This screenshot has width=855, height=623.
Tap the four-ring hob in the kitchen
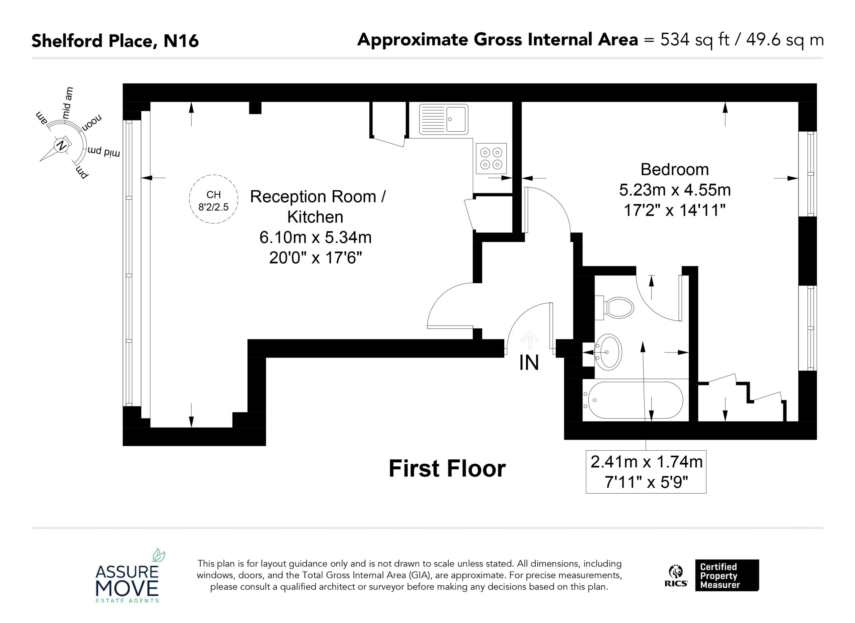coord(491,158)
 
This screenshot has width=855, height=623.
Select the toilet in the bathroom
coord(614,308)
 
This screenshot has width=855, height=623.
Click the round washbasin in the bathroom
coord(608,352)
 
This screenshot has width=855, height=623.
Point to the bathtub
coord(633,400)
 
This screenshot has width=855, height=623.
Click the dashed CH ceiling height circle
coord(214,199)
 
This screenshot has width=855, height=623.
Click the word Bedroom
coord(675,169)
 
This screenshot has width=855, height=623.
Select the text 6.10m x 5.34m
coord(316,238)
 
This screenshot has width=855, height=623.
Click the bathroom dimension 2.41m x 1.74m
coord(647,462)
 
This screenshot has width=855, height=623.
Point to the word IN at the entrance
coord(529,363)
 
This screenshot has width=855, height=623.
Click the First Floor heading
coord(447,469)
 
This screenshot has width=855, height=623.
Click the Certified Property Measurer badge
coord(727,576)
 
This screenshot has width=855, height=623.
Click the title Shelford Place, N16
coord(115,41)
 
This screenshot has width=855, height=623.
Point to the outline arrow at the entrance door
coord(530,340)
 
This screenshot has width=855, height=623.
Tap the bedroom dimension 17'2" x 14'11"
coord(675,210)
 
